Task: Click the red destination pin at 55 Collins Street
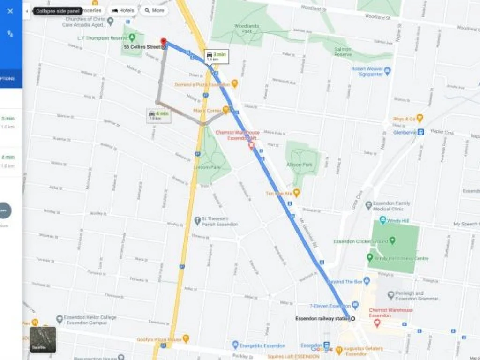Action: [x=163, y=42]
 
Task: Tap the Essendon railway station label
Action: [x=322, y=319]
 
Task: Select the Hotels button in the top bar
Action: [x=123, y=10]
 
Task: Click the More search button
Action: [x=154, y=10]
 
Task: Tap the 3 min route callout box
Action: [x=216, y=57]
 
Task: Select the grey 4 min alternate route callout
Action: [x=158, y=115]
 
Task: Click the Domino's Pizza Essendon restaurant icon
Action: [x=235, y=84]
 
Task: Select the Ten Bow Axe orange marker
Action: [x=296, y=193]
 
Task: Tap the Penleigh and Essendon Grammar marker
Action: [x=391, y=295]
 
